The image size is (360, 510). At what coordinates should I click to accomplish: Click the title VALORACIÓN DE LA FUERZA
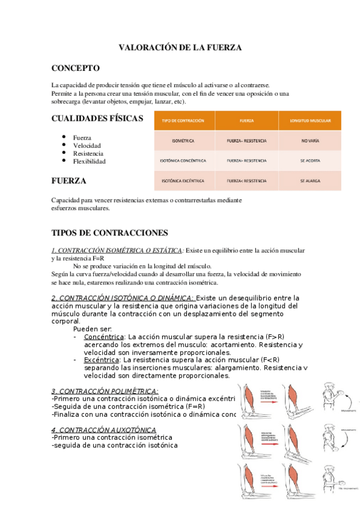point(180,48)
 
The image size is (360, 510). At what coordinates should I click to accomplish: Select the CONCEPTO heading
point(76,68)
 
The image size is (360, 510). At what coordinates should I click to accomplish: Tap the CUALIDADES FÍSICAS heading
point(97,118)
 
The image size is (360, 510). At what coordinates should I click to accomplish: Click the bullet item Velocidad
point(87,146)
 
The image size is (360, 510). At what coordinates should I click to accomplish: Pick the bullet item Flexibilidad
point(89,162)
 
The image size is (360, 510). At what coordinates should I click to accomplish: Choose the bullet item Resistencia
point(88,153)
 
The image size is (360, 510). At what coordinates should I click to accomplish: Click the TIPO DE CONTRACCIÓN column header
point(183,120)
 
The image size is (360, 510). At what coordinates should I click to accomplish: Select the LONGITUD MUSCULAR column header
point(310,120)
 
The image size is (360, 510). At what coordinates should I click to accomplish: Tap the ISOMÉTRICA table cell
point(183,141)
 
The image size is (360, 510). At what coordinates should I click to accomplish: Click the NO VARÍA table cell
point(310,141)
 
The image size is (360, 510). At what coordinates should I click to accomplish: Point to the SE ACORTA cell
point(310,161)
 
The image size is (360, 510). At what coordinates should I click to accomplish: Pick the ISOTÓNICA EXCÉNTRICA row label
point(183,180)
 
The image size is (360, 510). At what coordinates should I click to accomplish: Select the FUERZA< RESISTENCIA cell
point(246,180)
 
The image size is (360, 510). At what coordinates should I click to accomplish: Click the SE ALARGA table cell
point(310,180)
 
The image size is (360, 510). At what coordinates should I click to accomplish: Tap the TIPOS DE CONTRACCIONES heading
point(110,233)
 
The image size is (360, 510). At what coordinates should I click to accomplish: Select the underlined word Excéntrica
point(103,360)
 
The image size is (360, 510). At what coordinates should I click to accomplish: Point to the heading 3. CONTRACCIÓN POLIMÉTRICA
point(105,391)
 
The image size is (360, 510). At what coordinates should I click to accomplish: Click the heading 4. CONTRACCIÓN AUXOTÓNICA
point(103,430)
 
